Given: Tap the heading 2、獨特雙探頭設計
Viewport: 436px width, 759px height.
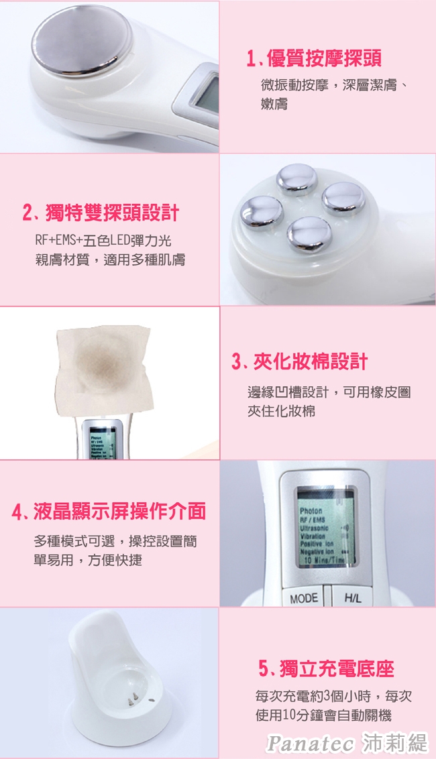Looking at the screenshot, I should [101, 213].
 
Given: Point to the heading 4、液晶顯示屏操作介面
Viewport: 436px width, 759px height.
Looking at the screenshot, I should [109, 512].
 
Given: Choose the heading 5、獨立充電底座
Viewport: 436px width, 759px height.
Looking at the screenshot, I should [326, 668].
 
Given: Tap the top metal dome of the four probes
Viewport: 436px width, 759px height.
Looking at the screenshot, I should [296, 178].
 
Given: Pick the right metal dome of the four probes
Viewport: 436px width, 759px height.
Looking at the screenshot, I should [343, 197].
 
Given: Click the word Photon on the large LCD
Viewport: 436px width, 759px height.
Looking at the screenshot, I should [311, 512].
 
